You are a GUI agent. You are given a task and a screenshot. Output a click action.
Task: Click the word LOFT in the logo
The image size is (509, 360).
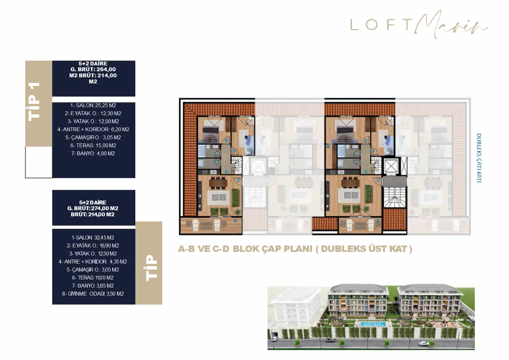[381, 24]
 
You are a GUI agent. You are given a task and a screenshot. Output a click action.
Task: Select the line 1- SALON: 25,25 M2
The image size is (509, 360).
[93, 106]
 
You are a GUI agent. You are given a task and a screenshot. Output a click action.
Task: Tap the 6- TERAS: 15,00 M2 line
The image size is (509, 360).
[93, 146]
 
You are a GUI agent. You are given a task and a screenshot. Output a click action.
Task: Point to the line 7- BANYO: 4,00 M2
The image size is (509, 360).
[93, 154]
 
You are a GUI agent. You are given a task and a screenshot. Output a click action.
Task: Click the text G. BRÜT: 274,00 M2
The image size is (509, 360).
[93, 208]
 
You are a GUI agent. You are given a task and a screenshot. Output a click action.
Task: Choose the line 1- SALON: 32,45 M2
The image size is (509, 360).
[93, 238]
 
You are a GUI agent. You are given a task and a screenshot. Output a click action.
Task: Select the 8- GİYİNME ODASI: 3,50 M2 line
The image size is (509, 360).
[93, 294]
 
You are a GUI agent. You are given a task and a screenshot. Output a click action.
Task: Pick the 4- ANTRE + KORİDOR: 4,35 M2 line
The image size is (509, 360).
[93, 262]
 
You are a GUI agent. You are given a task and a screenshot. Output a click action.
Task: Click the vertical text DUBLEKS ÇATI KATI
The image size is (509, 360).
[479, 158]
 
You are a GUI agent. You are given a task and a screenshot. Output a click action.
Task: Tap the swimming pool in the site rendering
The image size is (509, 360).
[373, 324]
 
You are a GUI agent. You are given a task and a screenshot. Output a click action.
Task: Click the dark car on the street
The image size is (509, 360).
[275, 338]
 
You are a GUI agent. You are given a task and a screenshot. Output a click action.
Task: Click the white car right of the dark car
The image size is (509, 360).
[423, 344]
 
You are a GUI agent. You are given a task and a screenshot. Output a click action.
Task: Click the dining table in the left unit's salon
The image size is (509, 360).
[218, 183]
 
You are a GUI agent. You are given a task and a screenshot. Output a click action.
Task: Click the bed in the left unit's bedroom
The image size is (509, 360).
[211, 130]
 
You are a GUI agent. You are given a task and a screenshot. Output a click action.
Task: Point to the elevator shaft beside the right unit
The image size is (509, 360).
[391, 167]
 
